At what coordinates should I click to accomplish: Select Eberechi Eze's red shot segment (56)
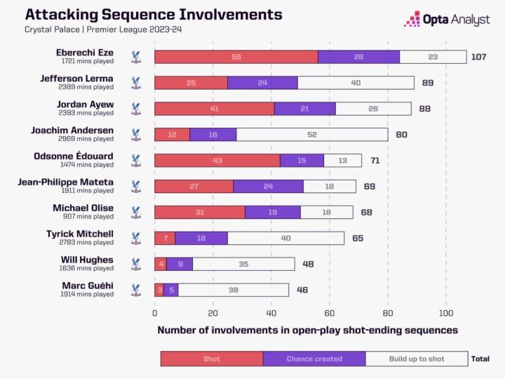(236, 57)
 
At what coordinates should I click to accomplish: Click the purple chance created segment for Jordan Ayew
(304, 109)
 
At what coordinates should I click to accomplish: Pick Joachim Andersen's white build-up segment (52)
(311, 134)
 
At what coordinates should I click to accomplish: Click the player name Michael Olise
(83, 208)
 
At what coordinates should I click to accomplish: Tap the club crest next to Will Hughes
(136, 264)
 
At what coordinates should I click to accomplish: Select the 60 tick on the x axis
(330, 314)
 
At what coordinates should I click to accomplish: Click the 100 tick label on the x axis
(446, 314)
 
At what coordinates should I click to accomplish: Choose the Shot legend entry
(212, 359)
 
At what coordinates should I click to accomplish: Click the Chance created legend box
(314, 359)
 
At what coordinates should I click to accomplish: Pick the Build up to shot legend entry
(417, 359)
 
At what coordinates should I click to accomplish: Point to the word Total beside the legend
(480, 359)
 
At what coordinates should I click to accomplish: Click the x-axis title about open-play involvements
(307, 330)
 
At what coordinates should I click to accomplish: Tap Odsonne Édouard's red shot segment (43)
(217, 160)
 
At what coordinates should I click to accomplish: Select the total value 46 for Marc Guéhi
(302, 289)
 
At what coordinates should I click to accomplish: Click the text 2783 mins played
(88, 242)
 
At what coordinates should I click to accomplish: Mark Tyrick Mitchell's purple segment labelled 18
(201, 238)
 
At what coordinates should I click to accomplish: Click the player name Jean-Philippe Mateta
(65, 182)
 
